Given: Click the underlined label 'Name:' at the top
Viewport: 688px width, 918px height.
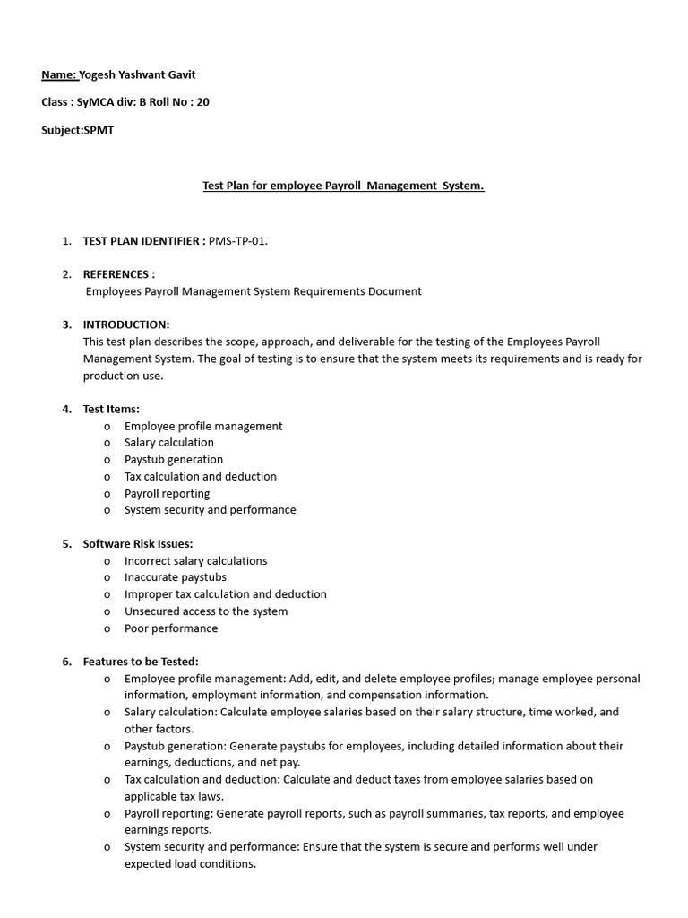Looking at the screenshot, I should tap(59, 75).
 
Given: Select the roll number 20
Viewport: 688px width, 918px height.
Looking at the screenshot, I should tap(202, 102).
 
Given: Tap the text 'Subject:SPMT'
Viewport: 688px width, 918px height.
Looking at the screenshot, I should tap(78, 130).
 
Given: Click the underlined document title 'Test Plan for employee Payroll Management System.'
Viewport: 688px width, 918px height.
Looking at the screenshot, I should tap(343, 186).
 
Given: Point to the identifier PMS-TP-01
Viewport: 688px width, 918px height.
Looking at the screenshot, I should tap(237, 241).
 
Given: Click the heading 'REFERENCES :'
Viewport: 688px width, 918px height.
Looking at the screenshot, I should tap(118, 274).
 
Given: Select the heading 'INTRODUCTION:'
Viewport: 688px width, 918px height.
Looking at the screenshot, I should tap(125, 325).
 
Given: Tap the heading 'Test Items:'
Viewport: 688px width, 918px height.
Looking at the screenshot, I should tap(111, 409).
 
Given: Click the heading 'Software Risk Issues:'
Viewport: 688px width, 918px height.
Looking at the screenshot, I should tap(138, 543).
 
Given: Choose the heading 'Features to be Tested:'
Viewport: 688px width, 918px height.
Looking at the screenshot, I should tap(141, 662).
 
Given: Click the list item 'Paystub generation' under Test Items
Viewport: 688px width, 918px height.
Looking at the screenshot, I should tap(174, 460).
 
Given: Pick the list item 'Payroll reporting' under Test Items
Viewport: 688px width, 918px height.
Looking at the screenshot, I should tap(168, 493).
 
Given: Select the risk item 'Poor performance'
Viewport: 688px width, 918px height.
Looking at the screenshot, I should tap(171, 628).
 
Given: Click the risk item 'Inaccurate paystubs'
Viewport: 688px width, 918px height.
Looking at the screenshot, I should tap(176, 577).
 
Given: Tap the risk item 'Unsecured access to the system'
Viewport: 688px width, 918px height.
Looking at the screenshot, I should tap(206, 611).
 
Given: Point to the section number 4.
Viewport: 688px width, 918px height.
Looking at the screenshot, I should tap(66, 409).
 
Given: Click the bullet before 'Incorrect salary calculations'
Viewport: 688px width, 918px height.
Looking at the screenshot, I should tap(107, 561).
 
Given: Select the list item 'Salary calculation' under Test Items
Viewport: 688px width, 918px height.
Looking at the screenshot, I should tap(169, 443).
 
